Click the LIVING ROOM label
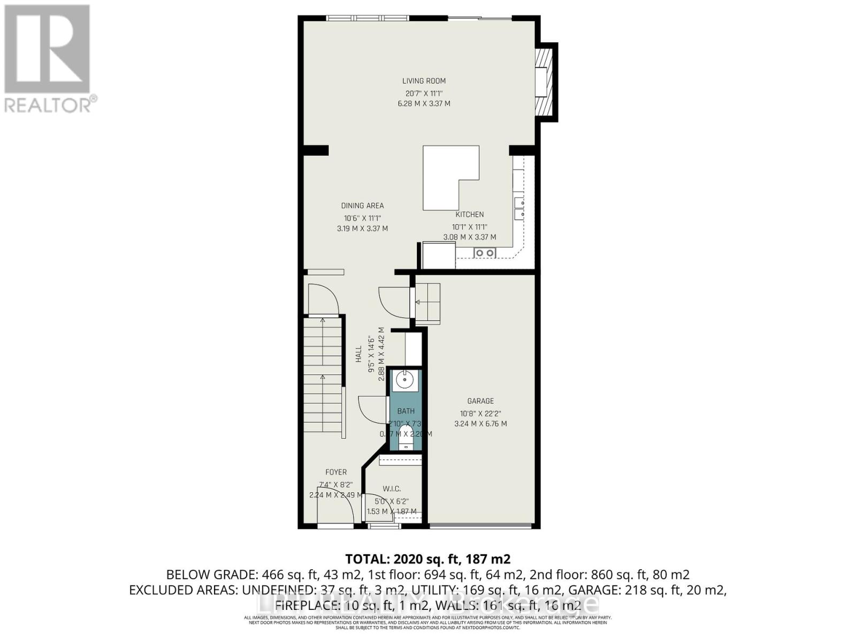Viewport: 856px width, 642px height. click(424, 81)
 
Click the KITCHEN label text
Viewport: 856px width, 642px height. click(469, 215)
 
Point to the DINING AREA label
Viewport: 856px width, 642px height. click(362, 205)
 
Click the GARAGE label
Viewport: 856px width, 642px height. click(480, 401)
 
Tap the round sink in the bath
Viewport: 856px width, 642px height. click(404, 380)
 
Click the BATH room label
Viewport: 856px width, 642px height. click(406, 411)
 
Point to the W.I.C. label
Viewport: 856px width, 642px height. click(392, 489)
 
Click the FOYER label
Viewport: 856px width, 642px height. click(336, 472)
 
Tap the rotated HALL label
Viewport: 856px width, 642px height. click(358, 354)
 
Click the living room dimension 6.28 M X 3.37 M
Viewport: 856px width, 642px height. click(424, 103)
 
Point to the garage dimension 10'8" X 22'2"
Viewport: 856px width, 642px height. click(480, 413)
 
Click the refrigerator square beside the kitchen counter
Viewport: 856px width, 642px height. click(438, 255)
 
